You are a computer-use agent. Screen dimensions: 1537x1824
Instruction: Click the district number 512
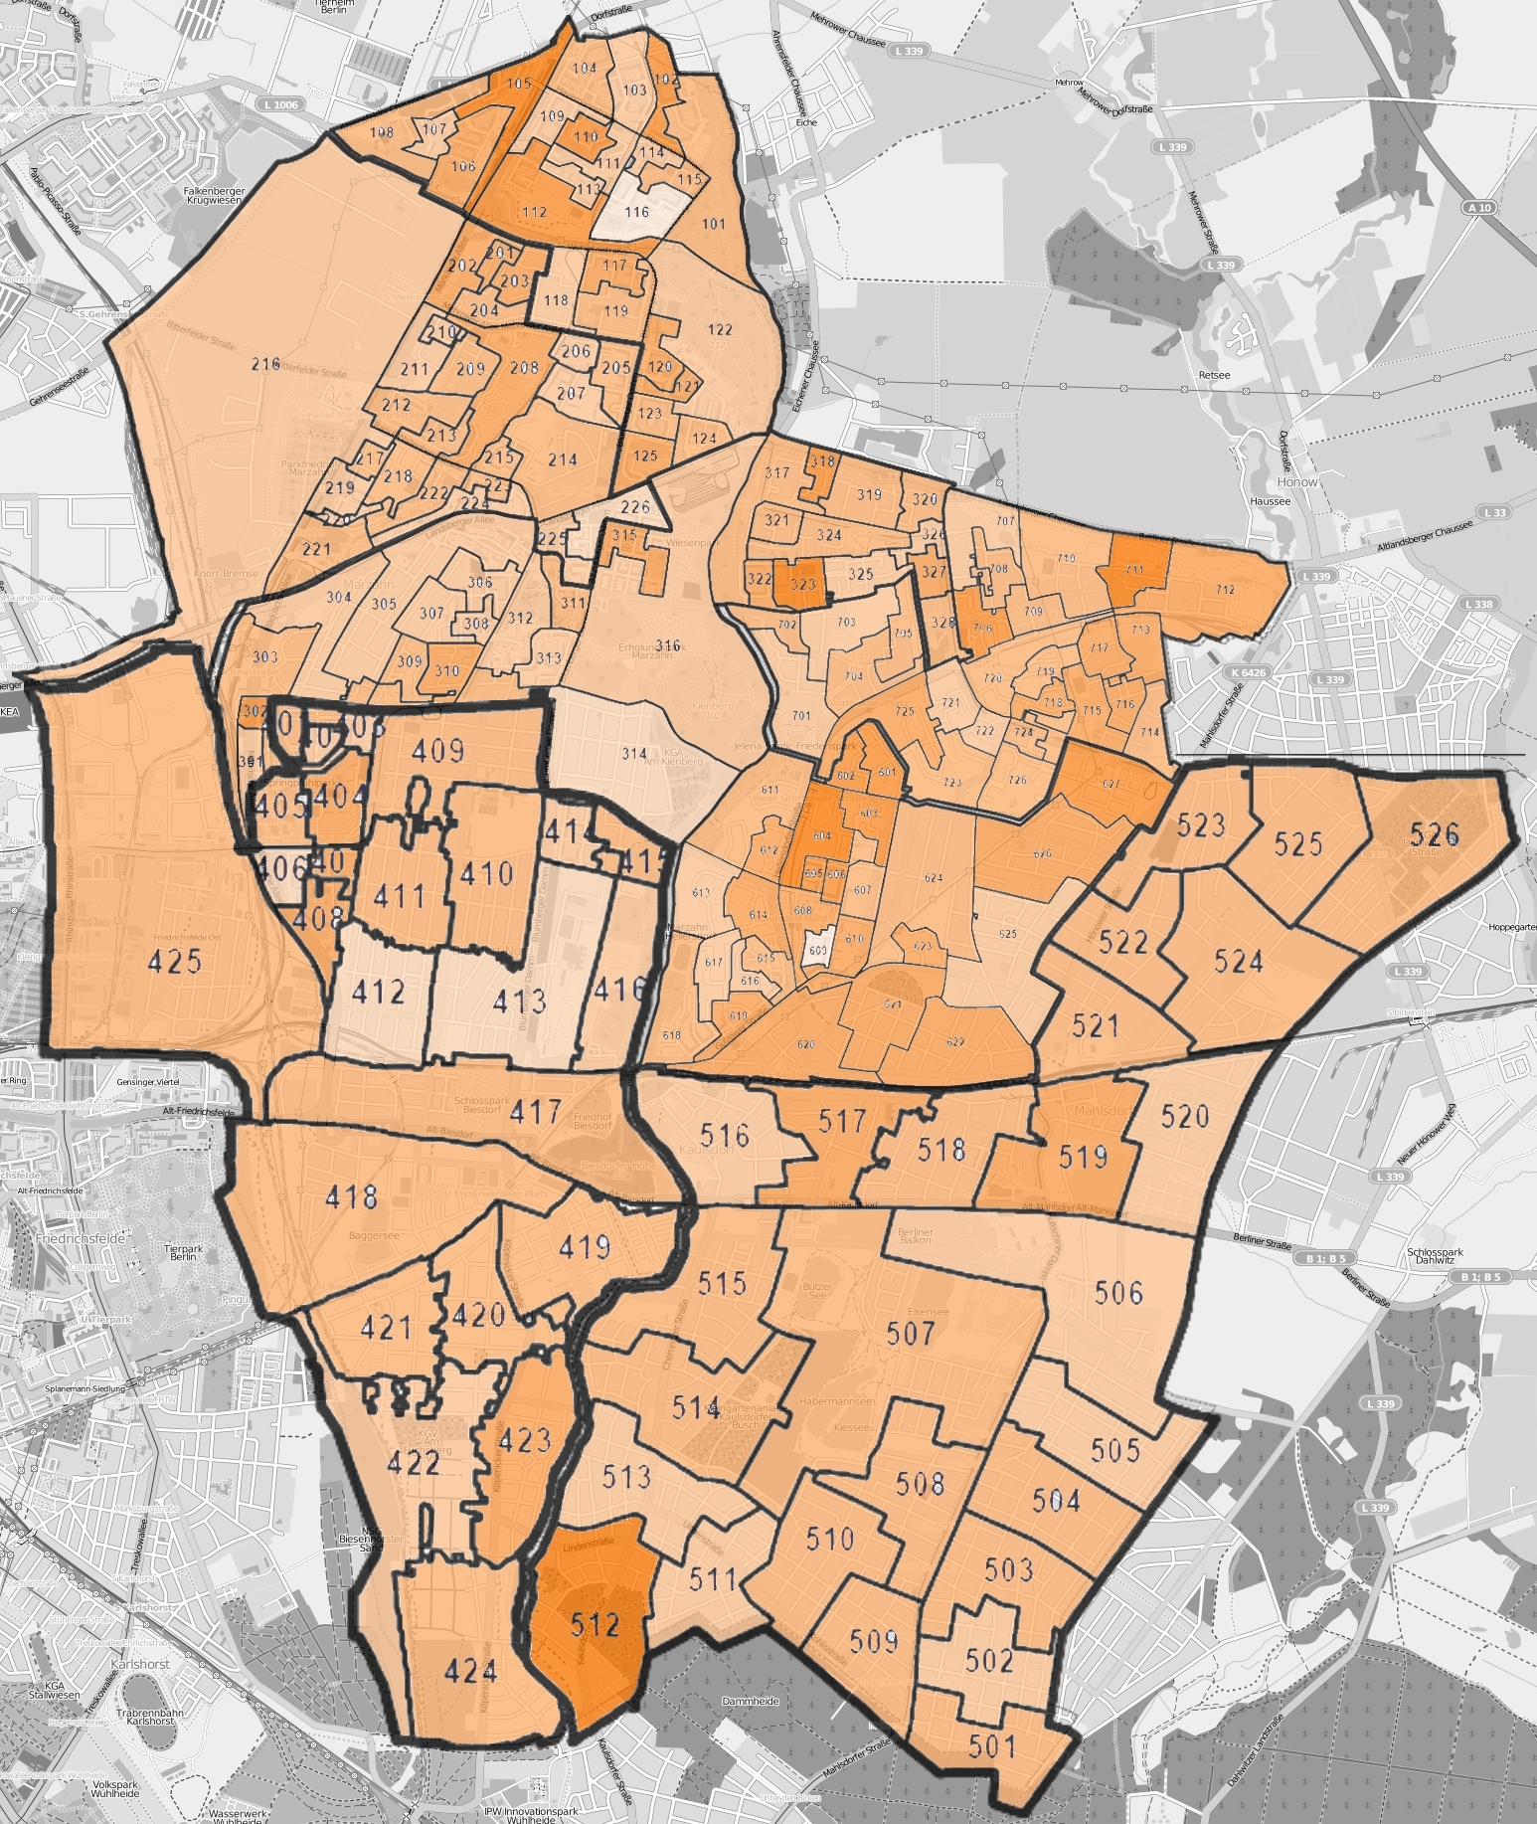[x=596, y=1624]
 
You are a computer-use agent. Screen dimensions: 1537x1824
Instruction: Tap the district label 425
[x=175, y=961]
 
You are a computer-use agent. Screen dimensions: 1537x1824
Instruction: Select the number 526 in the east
[x=1434, y=833]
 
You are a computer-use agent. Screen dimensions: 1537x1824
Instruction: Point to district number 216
[x=265, y=364]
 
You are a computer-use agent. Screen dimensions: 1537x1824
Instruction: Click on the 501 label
[x=992, y=1745]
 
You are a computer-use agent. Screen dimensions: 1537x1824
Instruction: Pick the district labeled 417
[x=536, y=1111]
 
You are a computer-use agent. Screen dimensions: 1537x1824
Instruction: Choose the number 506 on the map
[x=1118, y=1292]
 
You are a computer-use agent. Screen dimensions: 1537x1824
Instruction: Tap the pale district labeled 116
[x=636, y=212]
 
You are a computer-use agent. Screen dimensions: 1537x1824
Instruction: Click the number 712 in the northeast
[x=1225, y=590]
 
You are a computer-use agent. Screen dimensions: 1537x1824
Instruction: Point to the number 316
[x=668, y=645]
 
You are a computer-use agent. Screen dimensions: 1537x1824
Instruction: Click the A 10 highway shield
[x=1478, y=208]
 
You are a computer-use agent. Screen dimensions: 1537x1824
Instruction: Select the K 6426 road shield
[x=1248, y=672]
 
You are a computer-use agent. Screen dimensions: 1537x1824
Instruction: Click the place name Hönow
[x=1297, y=481]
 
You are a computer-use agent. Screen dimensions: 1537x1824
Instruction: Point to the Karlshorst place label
[x=140, y=1663]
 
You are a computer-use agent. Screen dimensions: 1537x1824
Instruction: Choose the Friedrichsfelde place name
[x=80, y=1239]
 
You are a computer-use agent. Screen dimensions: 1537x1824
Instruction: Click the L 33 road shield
[x=1495, y=512]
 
